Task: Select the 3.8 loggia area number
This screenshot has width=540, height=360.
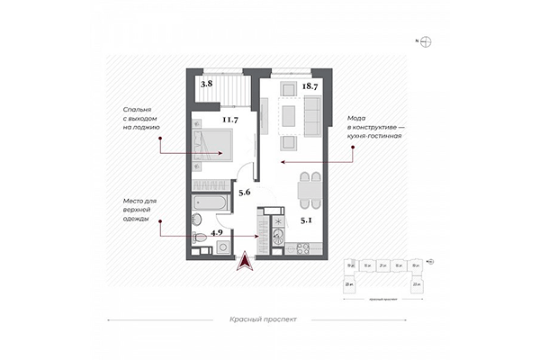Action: pos(206,84)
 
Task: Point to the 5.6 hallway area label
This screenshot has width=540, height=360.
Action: pos(243,191)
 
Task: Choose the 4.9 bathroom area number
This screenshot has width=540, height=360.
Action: pos(217,233)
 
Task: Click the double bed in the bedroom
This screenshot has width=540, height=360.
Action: pos(212,144)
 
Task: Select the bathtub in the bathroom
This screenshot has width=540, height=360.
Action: pos(210,203)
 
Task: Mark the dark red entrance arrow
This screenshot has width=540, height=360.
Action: pos(244,260)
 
